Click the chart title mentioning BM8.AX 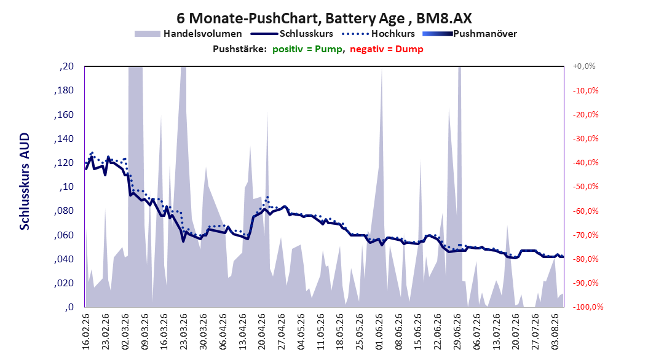[324, 18]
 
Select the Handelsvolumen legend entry [188, 34]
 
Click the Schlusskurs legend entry [292, 34]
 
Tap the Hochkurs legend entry [379, 34]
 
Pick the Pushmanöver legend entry [470, 34]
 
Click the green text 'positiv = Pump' [307, 49]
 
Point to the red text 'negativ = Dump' [387, 49]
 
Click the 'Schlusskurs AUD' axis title [25, 181]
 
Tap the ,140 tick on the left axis [64, 139]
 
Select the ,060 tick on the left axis [64, 235]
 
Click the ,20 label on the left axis [66, 66]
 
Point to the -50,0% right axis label [585, 187]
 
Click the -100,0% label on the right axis [588, 307]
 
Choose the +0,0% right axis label [584, 66]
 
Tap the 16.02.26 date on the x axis [86, 332]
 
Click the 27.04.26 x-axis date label [282, 332]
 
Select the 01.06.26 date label [379, 332]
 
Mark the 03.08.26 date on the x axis [555, 332]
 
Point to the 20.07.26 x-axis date [516, 332]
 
